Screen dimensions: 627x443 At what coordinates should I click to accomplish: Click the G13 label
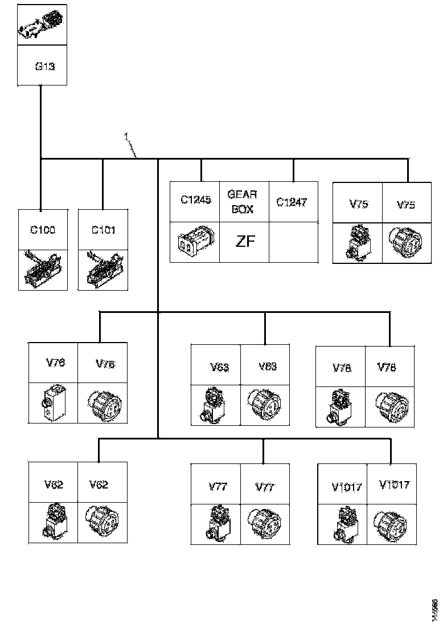[45, 67]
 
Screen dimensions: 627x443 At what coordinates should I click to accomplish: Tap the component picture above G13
[42, 26]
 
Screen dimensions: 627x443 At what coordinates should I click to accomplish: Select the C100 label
[43, 230]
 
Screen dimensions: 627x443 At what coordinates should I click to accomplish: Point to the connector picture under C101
[103, 270]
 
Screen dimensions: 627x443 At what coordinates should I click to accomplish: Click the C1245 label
[195, 200]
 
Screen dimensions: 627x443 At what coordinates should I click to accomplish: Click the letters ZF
[244, 242]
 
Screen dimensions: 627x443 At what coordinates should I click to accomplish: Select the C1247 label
[292, 202]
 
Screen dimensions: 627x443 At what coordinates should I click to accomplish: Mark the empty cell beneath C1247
[292, 242]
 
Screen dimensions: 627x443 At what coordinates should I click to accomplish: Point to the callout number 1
[126, 136]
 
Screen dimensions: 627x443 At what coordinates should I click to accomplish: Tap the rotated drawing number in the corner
[434, 606]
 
